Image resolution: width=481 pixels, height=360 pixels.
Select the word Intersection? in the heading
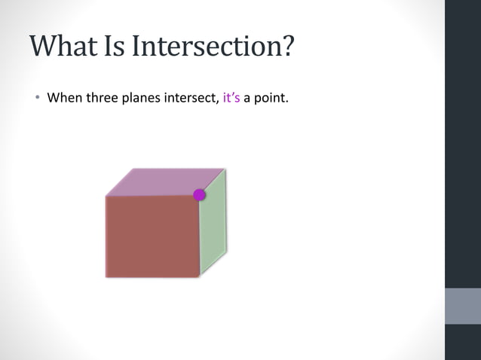[x=213, y=47]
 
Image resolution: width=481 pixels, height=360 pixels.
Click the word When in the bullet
[x=63, y=98]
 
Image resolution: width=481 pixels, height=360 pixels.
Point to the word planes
[x=142, y=98]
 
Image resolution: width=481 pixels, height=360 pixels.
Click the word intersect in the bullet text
[x=193, y=98]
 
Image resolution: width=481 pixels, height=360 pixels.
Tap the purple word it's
[x=231, y=98]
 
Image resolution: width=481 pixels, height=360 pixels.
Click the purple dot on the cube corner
[x=199, y=195]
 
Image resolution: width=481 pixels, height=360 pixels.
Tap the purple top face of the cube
[x=162, y=182]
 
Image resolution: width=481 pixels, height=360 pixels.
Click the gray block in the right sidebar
[x=463, y=306]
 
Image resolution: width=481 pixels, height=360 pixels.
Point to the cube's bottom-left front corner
[x=106, y=276]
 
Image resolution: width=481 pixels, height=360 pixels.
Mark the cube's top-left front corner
[x=106, y=196]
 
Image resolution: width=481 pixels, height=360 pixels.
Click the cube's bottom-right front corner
[x=200, y=276]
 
